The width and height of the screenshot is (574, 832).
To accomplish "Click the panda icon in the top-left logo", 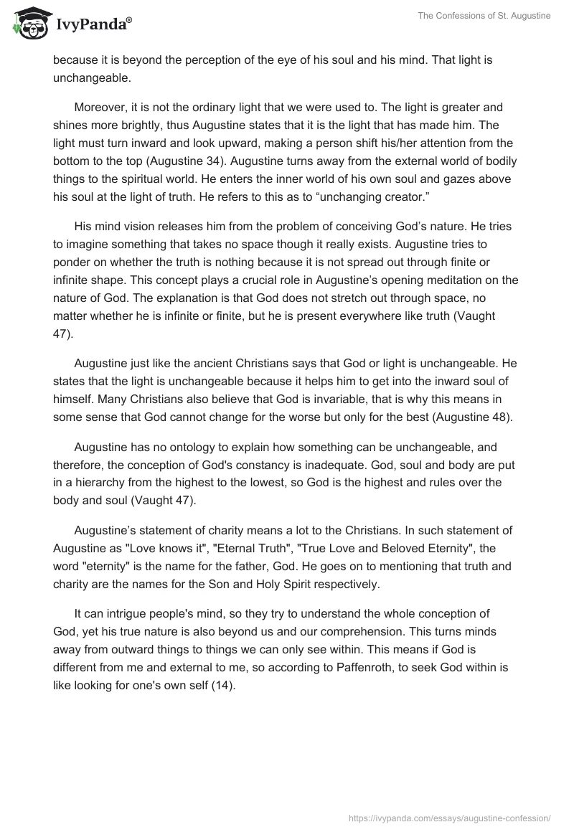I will click(27, 24).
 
